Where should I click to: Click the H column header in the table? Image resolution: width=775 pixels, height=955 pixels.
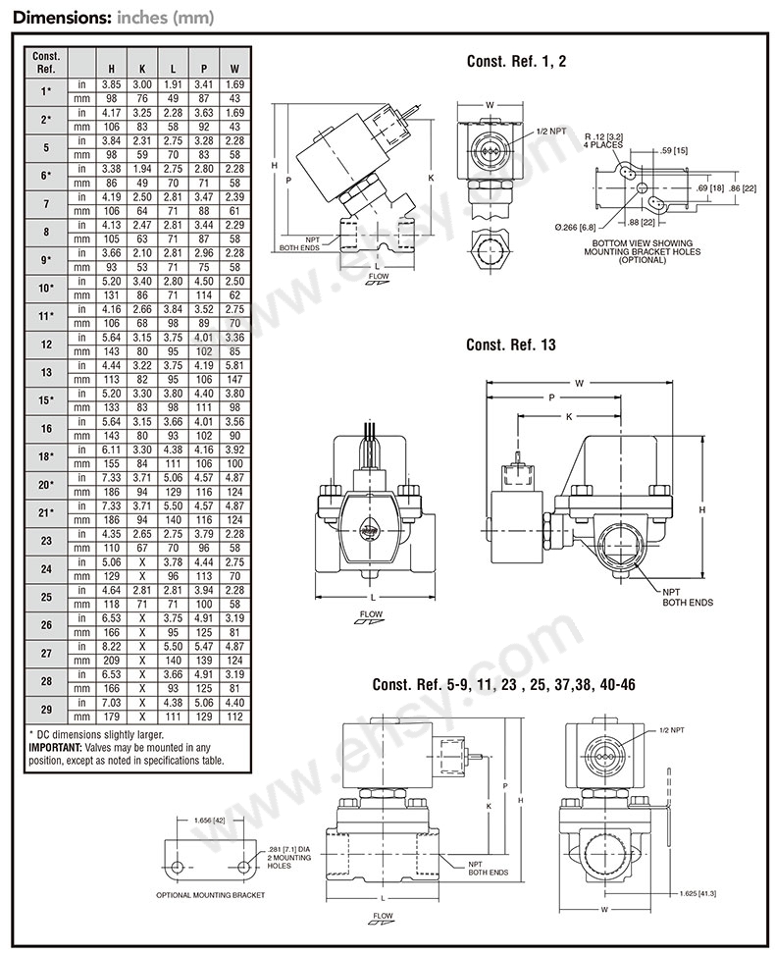[x=112, y=69]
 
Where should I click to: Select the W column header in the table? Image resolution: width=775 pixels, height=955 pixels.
[x=234, y=69]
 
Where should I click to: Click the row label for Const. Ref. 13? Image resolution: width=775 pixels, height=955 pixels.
[x=46, y=372]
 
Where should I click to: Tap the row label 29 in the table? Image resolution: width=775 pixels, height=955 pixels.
[x=46, y=709]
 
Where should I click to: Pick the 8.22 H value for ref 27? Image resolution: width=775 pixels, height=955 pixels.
[x=112, y=646]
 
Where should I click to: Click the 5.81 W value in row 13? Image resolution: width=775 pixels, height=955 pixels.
[x=234, y=365]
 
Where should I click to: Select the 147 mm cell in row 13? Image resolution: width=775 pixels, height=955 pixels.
[x=234, y=380]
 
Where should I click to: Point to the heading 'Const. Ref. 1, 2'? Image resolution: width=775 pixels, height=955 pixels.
[x=516, y=61]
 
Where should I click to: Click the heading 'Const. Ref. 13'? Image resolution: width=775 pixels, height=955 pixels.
[x=511, y=345]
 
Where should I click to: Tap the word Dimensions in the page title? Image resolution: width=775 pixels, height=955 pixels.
[x=60, y=17]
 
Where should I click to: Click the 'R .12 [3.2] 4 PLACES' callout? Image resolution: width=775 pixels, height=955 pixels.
[x=603, y=140]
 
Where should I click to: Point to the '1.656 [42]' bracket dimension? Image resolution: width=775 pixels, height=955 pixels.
[x=209, y=821]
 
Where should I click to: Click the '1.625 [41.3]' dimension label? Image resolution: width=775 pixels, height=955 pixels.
[x=697, y=893]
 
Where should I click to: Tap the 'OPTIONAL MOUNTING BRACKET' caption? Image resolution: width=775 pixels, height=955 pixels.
[x=210, y=895]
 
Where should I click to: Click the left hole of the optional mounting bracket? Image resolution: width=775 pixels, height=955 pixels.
[x=177, y=866]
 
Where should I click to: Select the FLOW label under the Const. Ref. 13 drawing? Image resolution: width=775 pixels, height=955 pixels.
[x=371, y=614]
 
